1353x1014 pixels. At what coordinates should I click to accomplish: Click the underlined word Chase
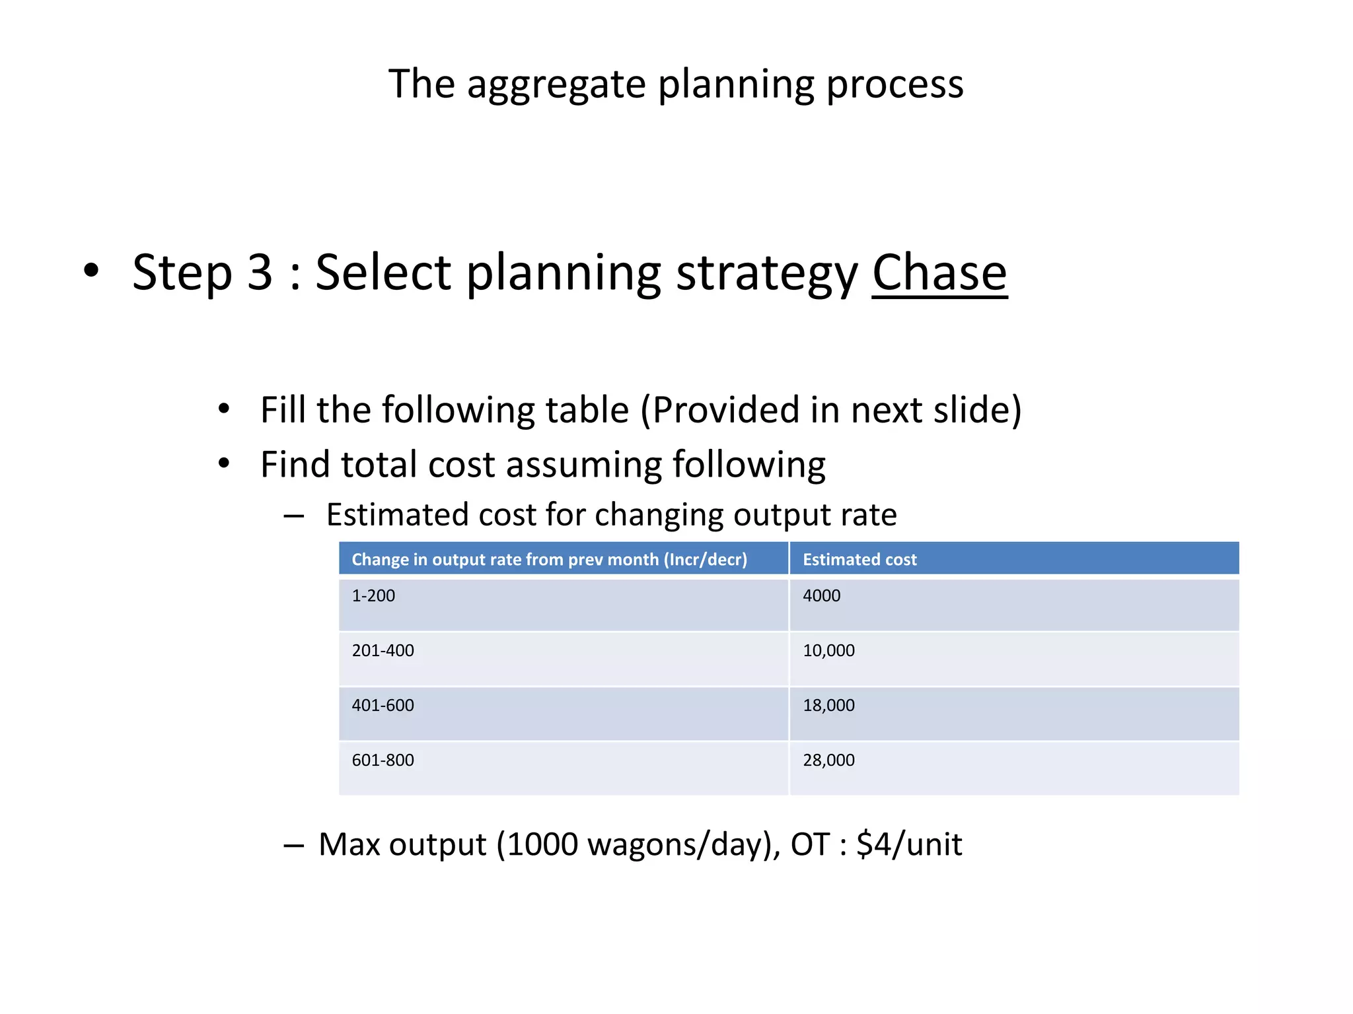tap(939, 272)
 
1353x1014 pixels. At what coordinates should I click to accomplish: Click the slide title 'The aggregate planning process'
tap(676, 84)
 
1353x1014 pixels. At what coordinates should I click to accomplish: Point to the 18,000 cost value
tap(828, 705)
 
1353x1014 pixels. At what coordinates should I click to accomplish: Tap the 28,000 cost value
tap(828, 760)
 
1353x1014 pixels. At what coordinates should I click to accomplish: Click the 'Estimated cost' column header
tap(859, 559)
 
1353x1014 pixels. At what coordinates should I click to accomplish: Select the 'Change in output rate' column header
tap(549, 559)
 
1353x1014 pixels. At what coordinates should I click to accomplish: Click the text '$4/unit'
tap(909, 844)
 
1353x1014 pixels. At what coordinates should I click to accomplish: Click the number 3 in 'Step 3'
tap(260, 272)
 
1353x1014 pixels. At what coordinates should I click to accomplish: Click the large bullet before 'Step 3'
tap(91, 270)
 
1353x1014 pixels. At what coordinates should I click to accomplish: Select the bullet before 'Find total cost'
tap(224, 463)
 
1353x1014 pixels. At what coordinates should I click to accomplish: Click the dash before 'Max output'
tap(293, 846)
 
